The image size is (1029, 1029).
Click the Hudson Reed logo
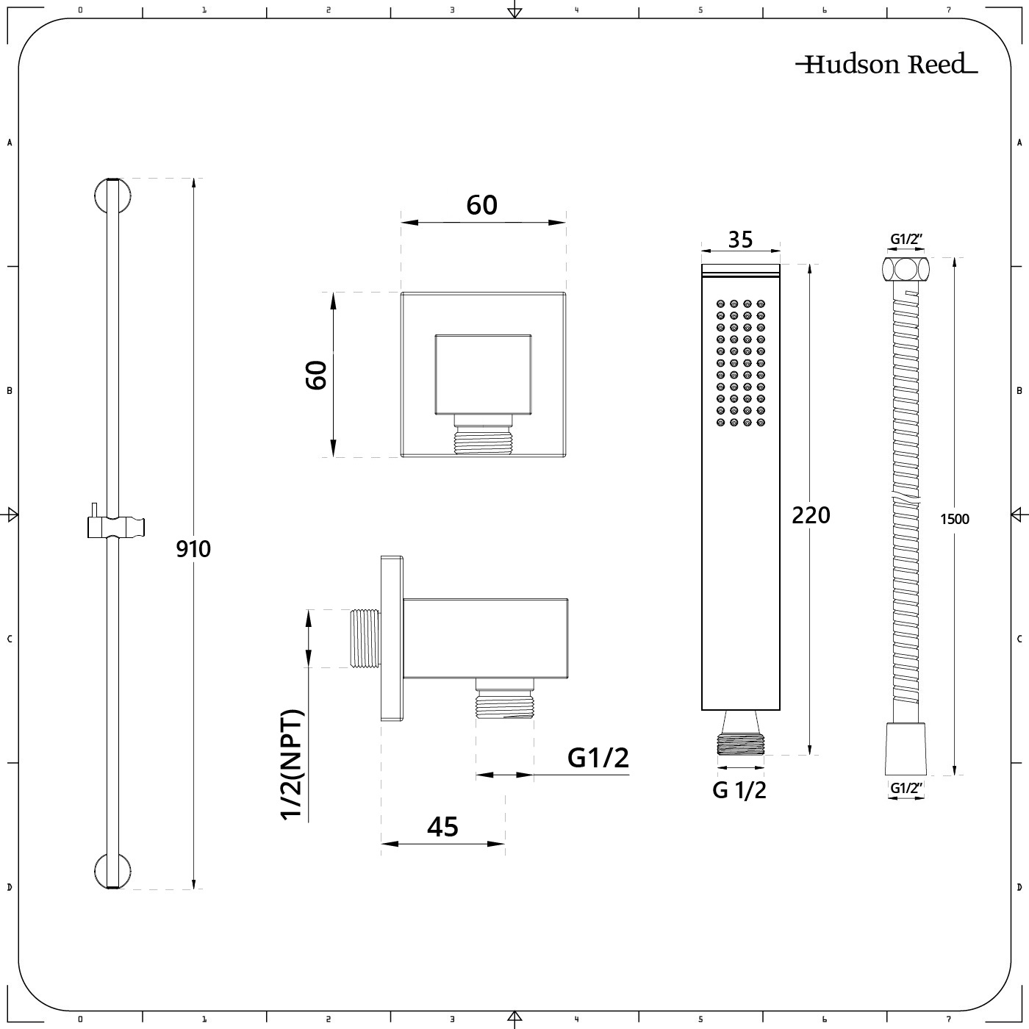[x=886, y=64]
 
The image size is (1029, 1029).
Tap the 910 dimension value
[x=193, y=549]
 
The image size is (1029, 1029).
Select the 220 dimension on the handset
[x=811, y=515]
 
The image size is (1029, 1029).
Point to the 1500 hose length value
[x=955, y=519]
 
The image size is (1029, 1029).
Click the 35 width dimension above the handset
[x=741, y=240]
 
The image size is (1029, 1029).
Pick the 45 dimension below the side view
[x=442, y=827]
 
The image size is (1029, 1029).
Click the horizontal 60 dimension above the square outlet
[x=481, y=205]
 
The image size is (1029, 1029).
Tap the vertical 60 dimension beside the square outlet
[x=316, y=376]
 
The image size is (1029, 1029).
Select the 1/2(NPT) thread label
[x=292, y=764]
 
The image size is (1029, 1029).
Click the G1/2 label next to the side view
[x=598, y=758]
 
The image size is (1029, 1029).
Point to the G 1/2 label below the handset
[x=739, y=790]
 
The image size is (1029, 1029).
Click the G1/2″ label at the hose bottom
[x=907, y=788]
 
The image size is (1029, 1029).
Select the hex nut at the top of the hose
[x=906, y=268]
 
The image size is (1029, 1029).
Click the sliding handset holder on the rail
[x=115, y=526]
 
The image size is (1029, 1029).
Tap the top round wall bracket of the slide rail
[x=112, y=196]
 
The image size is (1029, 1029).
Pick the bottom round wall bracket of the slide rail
[x=112, y=871]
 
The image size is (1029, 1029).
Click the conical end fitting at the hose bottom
[x=906, y=749]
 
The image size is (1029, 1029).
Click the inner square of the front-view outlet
[x=483, y=374]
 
